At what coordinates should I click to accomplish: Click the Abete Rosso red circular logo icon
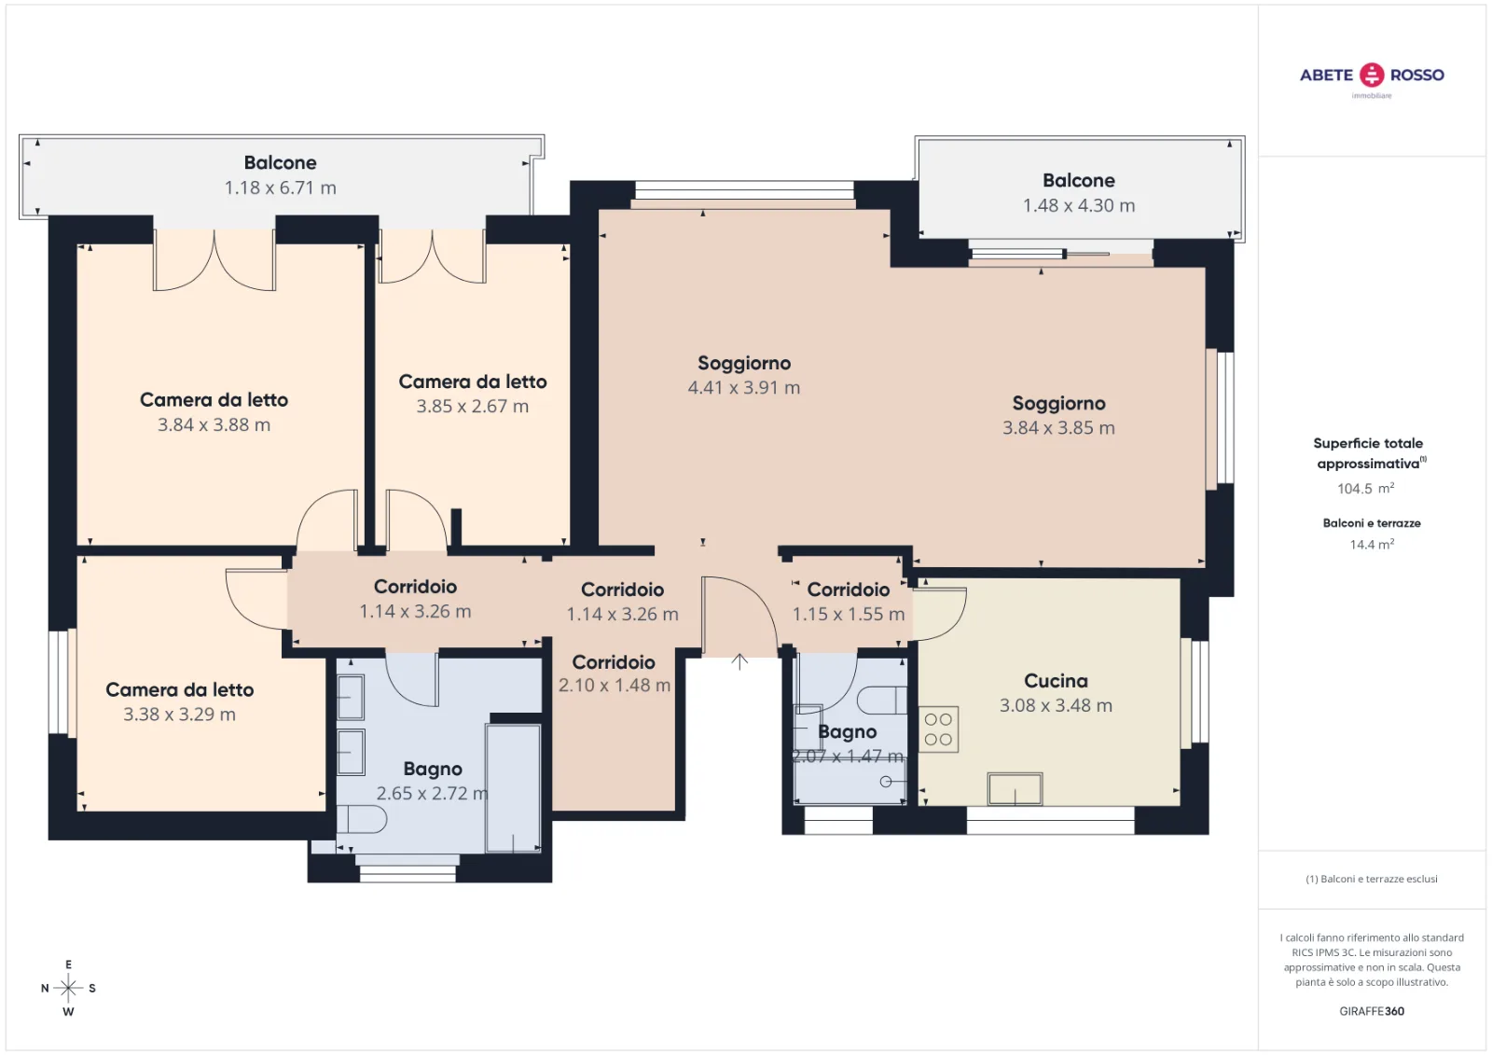coord(1372,76)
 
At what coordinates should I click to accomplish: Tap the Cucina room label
coord(1056,680)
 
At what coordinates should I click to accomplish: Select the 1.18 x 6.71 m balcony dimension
coord(280,187)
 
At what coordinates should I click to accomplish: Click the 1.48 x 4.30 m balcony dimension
coord(1078,205)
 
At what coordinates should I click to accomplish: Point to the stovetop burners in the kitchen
coord(938,729)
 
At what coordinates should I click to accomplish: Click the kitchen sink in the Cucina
coord(1015,789)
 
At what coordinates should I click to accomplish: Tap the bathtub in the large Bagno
coord(512,788)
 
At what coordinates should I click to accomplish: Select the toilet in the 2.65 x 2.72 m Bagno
coord(362,819)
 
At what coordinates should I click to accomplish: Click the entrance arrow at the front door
coord(739,661)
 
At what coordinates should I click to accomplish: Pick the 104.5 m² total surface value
coord(1365,489)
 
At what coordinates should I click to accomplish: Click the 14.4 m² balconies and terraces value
coord(1372,545)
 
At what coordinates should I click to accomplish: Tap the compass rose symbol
coord(68,988)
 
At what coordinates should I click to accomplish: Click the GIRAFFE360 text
coord(1372,1011)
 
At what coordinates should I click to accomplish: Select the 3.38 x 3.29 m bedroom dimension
coord(179,715)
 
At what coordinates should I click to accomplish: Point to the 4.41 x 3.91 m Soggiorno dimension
coord(743,388)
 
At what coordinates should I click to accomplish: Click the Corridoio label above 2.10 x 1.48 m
coord(614,662)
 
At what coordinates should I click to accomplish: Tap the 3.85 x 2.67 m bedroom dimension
coord(472,407)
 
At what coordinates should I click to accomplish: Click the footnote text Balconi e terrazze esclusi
coord(1372,879)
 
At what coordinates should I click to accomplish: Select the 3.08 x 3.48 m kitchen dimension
coord(1056,706)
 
